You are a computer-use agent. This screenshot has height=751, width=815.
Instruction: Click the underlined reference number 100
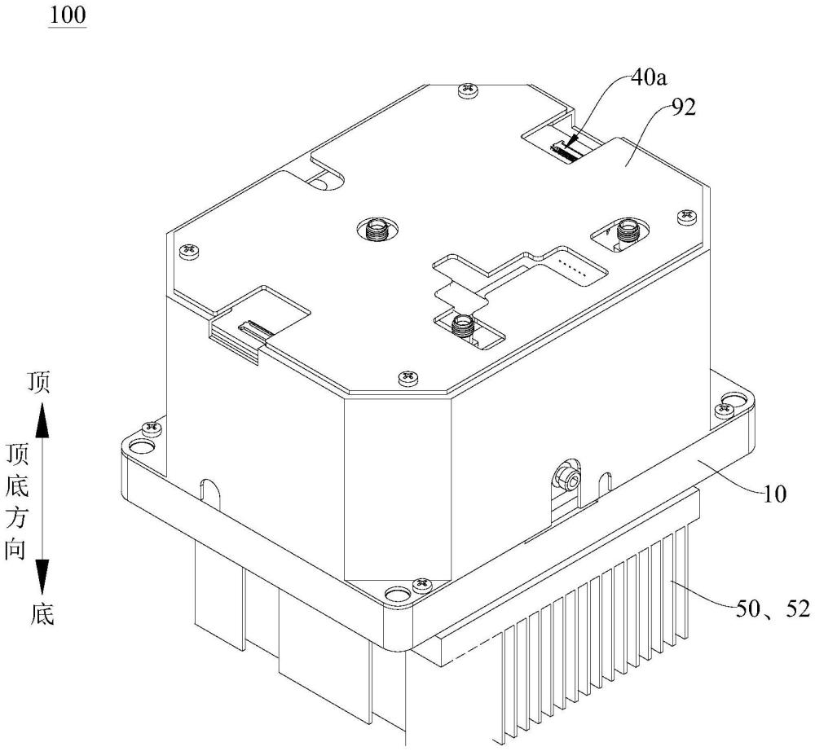tap(68, 15)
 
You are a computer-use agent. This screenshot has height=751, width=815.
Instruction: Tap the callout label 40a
tap(649, 78)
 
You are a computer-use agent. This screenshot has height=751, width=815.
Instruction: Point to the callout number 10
tap(774, 494)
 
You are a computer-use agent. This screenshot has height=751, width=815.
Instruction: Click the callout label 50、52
tap(773, 608)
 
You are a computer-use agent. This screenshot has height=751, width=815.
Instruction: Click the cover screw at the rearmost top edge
tap(465, 90)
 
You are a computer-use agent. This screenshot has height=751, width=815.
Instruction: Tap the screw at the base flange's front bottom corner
tap(421, 585)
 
